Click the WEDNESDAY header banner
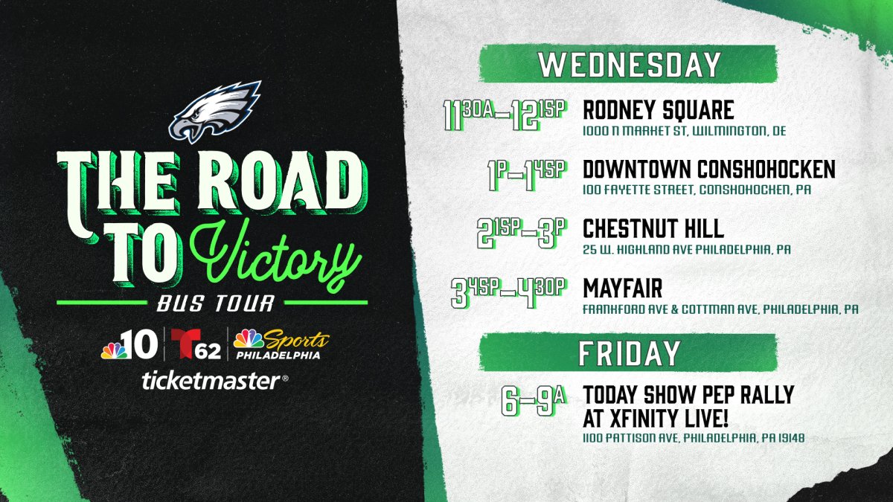(628, 65)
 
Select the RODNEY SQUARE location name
(658, 111)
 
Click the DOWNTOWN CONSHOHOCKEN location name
(708, 170)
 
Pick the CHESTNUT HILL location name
(653, 228)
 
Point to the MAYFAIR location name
(622, 286)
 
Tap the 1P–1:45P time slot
(524, 173)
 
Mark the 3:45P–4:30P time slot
(509, 290)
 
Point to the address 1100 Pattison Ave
(693, 439)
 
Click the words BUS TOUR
(214, 304)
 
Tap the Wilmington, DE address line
(684, 131)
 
